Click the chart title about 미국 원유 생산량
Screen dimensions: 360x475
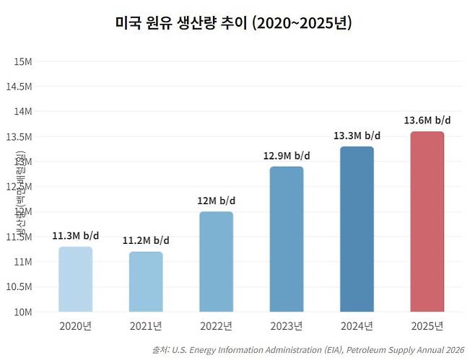tap(233, 23)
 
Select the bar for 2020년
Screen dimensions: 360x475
tap(75, 279)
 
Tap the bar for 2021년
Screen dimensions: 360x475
tap(146, 282)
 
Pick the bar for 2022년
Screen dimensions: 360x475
tap(216, 262)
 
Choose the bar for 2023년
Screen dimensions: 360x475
tap(287, 240)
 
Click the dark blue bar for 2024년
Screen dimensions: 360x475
tap(357, 229)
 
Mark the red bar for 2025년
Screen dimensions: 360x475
tap(427, 222)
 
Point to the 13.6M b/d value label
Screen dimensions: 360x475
tap(427, 120)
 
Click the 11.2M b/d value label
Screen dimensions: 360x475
tap(146, 240)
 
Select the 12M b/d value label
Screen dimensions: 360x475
tap(216, 201)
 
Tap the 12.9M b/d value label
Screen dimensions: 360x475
tap(287, 155)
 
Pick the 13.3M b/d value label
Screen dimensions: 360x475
tap(357, 135)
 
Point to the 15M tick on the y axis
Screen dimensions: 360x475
tap(22, 61)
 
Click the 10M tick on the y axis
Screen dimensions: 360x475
tap(22, 312)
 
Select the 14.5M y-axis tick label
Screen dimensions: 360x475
tap(19, 87)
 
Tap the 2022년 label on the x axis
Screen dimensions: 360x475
tap(216, 326)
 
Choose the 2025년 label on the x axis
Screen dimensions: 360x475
tap(427, 326)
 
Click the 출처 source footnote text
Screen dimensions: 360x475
tap(308, 350)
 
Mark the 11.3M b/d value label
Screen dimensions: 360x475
tap(75, 235)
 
